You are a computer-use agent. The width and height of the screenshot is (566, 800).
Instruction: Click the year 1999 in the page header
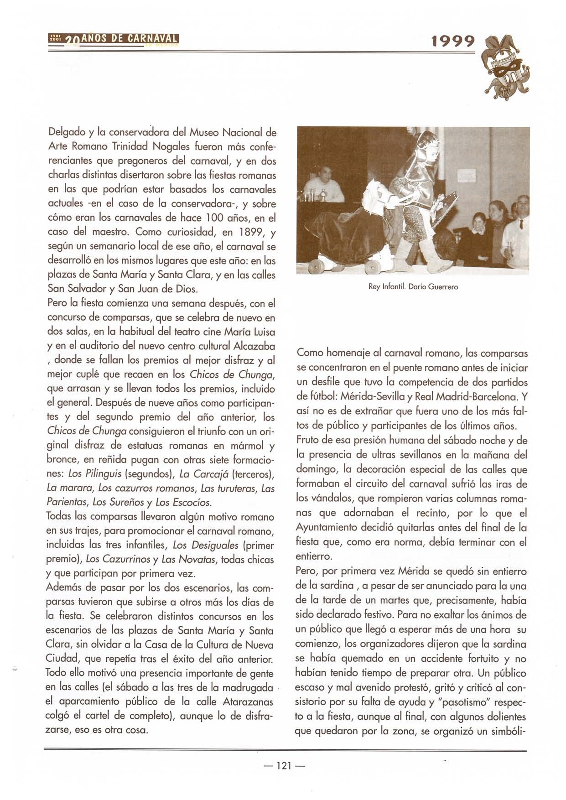pos(453,42)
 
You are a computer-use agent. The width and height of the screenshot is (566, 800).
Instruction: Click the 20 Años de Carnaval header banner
pos(114,40)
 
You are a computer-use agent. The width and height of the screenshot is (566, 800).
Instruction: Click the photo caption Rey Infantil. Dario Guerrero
pos(413,287)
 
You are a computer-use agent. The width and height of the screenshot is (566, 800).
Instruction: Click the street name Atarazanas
pos(248,701)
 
